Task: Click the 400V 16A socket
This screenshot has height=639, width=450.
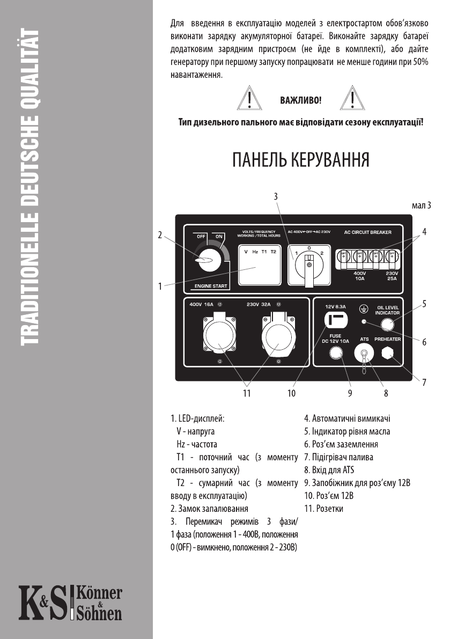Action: [x=220, y=336]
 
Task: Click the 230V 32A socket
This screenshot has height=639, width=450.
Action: [x=277, y=336]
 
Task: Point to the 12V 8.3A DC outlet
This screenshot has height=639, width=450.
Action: [x=336, y=320]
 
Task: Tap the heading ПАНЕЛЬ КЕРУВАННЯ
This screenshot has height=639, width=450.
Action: [x=299, y=160]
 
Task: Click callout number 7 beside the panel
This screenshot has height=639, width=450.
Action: [x=424, y=383]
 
